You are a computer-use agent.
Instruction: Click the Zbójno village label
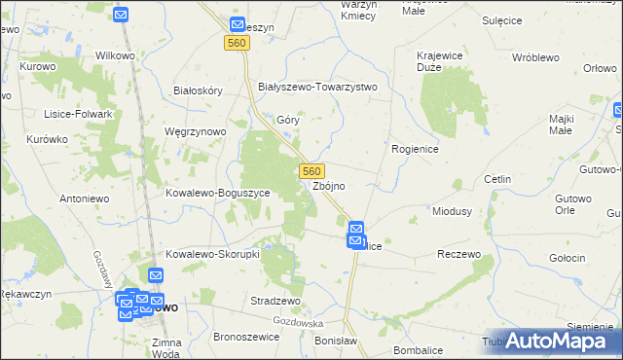[329, 186]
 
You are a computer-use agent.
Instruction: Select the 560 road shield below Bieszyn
[236, 44]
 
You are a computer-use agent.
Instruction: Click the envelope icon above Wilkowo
[120, 15]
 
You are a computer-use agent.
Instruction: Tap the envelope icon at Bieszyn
[238, 24]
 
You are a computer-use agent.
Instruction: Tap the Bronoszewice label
[245, 337]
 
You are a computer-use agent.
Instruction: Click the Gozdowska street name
[298, 321]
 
